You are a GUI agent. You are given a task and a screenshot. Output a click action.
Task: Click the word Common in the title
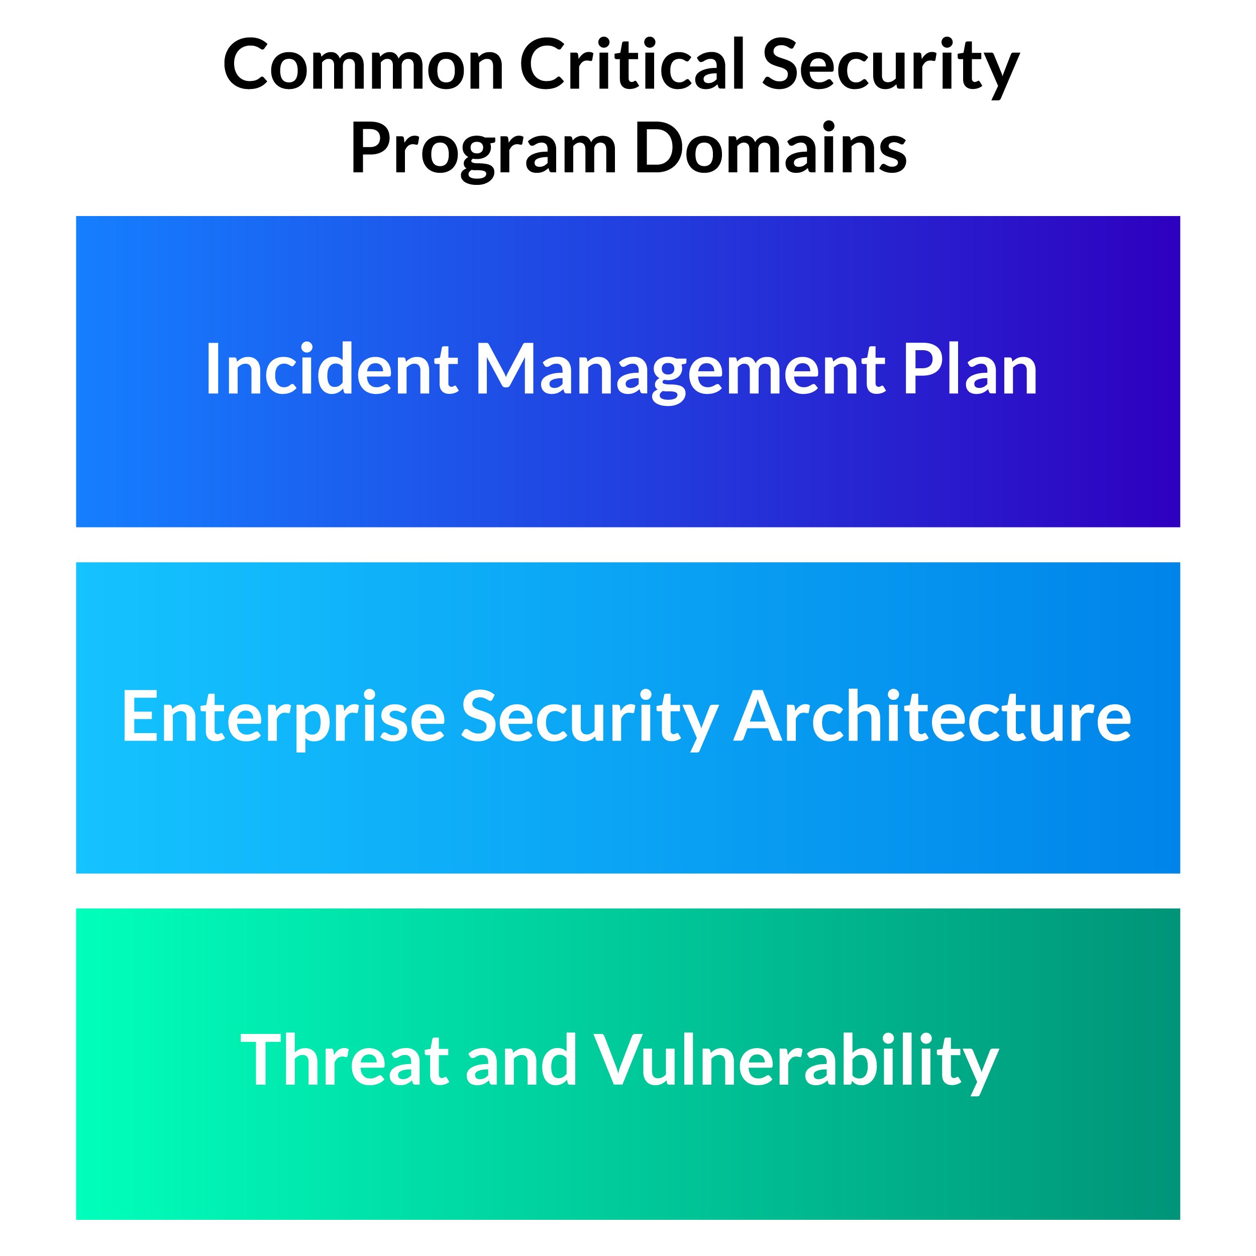(363, 64)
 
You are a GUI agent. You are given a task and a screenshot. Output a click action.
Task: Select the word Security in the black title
(891, 68)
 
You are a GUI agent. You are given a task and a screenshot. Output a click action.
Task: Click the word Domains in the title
(771, 148)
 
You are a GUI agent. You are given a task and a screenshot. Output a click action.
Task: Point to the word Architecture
(933, 714)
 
